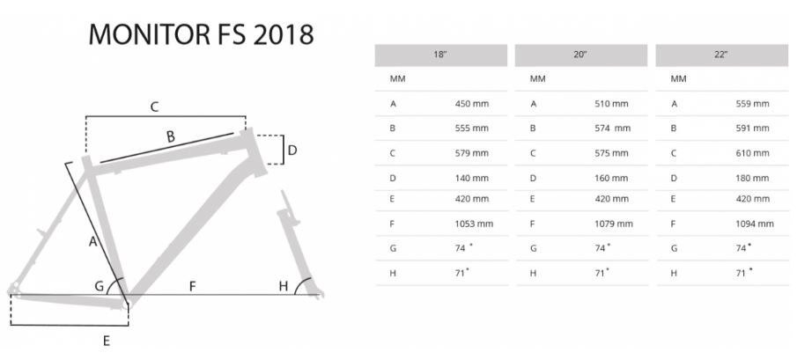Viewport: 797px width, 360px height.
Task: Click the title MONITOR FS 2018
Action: [202, 34]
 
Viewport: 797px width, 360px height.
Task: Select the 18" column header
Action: [440, 55]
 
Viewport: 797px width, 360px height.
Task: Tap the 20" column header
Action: [580, 55]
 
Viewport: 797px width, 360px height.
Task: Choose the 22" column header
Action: [721, 55]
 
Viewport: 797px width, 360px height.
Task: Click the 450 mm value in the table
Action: [471, 104]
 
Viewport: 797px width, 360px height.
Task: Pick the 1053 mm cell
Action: [474, 224]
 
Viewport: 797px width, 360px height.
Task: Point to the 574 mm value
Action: [612, 129]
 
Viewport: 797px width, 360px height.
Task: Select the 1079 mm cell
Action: [614, 224]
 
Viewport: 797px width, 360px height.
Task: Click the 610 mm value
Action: [752, 153]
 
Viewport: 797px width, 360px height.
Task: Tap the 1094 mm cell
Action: [755, 224]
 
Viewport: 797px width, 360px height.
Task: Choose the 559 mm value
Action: [752, 104]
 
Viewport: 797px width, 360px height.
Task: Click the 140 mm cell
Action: [471, 178]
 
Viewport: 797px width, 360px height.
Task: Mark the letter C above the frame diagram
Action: [153, 107]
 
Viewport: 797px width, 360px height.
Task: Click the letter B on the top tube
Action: [171, 136]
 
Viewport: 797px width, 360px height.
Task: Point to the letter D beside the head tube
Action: [292, 151]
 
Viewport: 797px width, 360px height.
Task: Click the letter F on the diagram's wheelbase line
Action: [190, 286]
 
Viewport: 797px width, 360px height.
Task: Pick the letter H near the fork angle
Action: [284, 286]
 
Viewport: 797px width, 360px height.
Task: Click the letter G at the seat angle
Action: [100, 286]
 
